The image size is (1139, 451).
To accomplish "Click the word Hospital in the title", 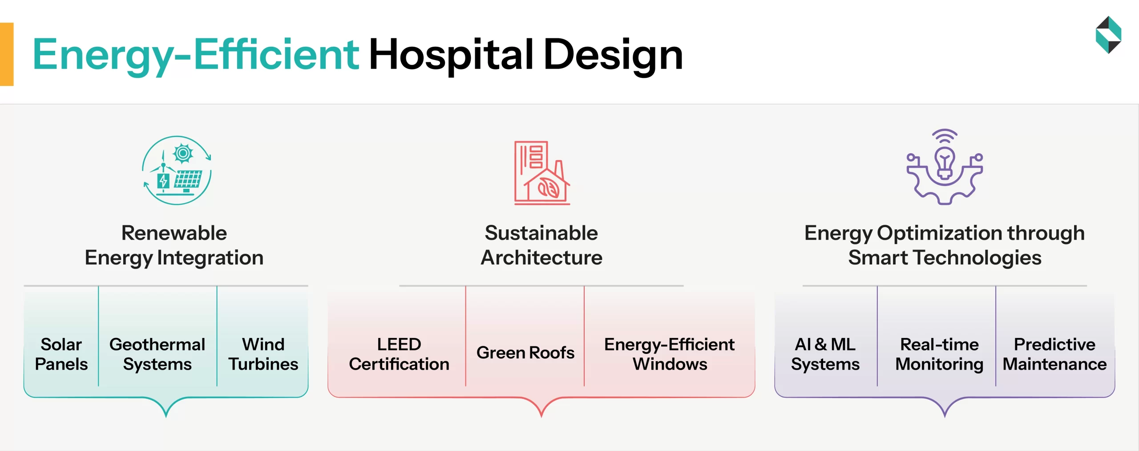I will tap(451, 55).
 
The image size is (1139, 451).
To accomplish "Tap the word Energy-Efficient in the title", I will tap(196, 55).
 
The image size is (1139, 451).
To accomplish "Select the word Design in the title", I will tap(613, 55).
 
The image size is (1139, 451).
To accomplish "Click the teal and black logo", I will tap(1108, 35).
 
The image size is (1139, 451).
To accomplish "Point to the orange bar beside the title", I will tap(7, 54).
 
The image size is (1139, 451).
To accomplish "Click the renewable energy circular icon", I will tap(177, 170).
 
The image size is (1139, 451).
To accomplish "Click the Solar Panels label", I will tap(61, 354).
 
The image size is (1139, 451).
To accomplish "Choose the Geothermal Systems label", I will tap(157, 354).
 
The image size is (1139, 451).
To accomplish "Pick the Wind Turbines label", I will tap(263, 354).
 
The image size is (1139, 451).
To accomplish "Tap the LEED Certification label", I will tap(399, 354).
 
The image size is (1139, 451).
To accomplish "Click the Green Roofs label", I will tap(525, 353).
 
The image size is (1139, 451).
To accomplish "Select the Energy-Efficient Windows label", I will tap(670, 354).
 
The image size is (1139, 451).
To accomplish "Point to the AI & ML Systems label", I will tap(825, 354).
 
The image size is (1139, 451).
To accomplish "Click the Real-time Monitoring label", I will tap(939, 354).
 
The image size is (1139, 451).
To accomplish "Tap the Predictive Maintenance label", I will tap(1054, 354).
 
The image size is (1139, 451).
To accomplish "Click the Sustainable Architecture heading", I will tap(541, 245).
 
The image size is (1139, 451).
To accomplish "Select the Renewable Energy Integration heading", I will tap(174, 245).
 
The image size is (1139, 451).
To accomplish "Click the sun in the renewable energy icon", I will tap(183, 154).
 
